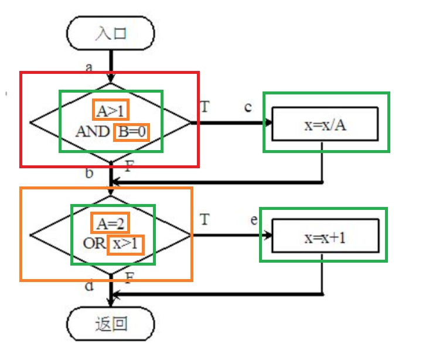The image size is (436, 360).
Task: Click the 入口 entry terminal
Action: coord(111,33)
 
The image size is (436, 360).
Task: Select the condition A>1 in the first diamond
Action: coord(111,110)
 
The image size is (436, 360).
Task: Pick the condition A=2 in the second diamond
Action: coord(110,223)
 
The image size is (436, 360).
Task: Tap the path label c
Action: coord(248,107)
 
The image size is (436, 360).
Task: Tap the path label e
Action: coord(253,220)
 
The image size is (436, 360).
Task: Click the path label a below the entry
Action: coord(89,67)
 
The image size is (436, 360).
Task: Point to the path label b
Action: coord(89,173)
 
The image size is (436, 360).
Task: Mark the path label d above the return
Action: coord(89,286)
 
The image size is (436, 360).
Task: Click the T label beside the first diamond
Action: coord(205,107)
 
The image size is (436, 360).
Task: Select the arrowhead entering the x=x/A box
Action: coord(270,123)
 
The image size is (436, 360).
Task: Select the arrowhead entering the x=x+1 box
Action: coord(270,236)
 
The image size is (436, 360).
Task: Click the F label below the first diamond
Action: coord(129,166)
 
